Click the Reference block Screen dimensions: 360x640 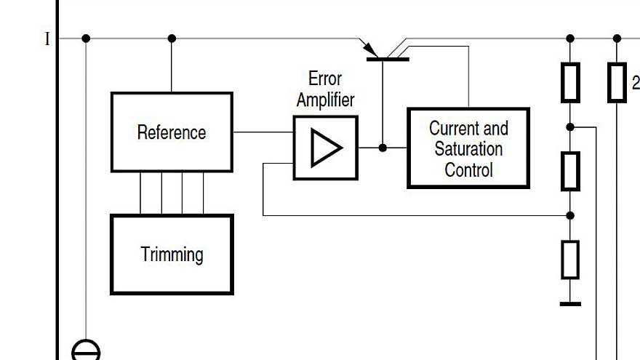pyautogui.click(x=172, y=132)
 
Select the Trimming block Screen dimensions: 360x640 pyautogui.click(x=172, y=255)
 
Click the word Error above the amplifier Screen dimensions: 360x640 pyautogui.click(x=325, y=79)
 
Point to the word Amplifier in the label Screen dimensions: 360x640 pyautogui.click(x=325, y=100)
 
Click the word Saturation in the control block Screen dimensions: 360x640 pyautogui.click(x=468, y=149)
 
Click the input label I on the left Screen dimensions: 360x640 pyautogui.click(x=48, y=39)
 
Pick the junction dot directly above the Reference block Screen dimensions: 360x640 pyautogui.click(x=172, y=39)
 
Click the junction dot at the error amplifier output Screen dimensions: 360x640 pyautogui.click(x=383, y=148)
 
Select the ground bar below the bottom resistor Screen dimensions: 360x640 pyautogui.click(x=570, y=303)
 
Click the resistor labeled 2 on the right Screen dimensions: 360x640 pyautogui.click(x=617, y=82)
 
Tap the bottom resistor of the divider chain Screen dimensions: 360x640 pyautogui.click(x=570, y=260)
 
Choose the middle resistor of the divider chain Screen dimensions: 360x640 pyautogui.click(x=570, y=171)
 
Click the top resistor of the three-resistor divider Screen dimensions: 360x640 pyautogui.click(x=570, y=82)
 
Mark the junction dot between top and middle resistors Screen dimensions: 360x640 pyautogui.click(x=570, y=127)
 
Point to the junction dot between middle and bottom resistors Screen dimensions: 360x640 pyautogui.click(x=570, y=215)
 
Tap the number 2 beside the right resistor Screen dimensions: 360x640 pyautogui.click(x=635, y=81)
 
